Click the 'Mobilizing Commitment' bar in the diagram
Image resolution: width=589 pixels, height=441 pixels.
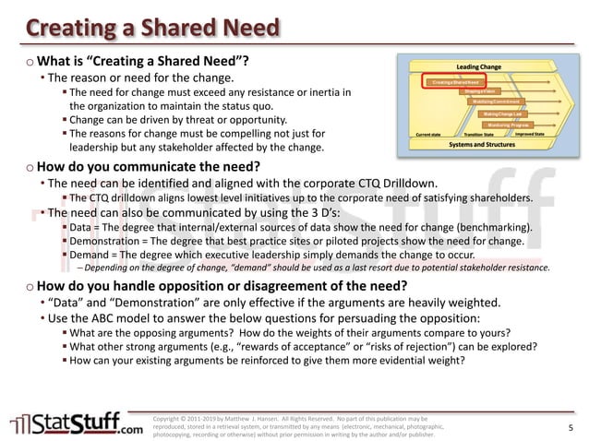point(497,101)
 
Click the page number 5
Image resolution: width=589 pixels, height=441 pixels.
point(571,427)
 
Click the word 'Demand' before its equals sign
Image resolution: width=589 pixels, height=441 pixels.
point(90,255)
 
